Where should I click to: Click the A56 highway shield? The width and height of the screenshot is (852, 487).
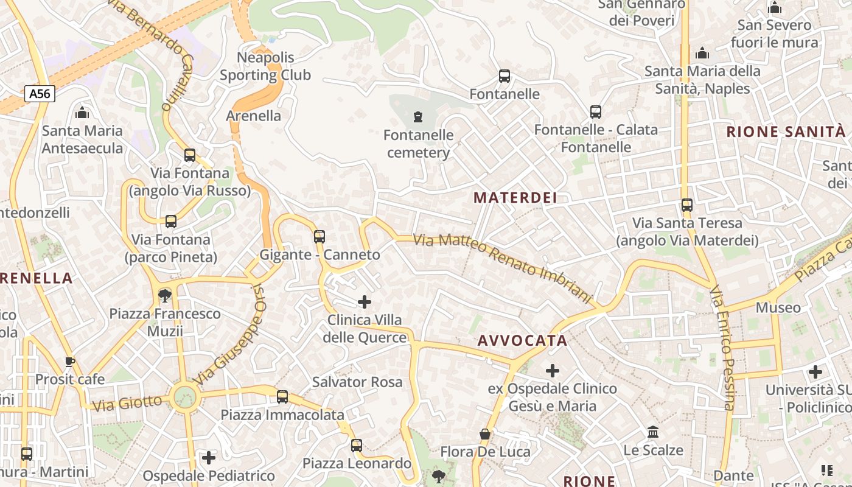coord(40,94)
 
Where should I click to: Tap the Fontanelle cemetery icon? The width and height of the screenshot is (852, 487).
coord(417,116)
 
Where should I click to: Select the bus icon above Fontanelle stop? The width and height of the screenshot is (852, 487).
coord(505,76)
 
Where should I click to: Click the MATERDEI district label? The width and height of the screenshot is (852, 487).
coord(515,198)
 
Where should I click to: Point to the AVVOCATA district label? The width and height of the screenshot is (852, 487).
coord(522,341)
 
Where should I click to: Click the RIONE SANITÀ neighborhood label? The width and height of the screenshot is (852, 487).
coord(786,131)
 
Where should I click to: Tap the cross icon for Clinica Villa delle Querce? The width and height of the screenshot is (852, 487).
coord(365,301)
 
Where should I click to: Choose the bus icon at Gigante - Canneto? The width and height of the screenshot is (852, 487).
coord(319,236)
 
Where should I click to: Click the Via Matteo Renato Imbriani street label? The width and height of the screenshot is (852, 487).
coord(503,268)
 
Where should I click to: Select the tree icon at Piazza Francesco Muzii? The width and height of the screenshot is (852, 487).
coord(164,296)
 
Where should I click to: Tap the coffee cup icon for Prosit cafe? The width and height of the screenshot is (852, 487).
coord(70,362)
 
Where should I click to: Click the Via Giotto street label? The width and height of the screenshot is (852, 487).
coord(127,403)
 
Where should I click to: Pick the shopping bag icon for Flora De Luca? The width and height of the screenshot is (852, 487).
coord(485,434)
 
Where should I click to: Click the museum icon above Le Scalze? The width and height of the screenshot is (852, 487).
coord(653,432)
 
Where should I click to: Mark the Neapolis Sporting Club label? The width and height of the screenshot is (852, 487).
coord(265,66)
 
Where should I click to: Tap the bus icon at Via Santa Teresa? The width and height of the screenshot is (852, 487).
coord(687,205)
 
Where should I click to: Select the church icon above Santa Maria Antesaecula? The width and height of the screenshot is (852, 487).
coord(82,113)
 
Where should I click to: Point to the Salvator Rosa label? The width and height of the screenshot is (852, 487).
coord(357,382)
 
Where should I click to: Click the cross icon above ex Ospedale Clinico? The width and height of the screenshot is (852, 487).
coord(553,370)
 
